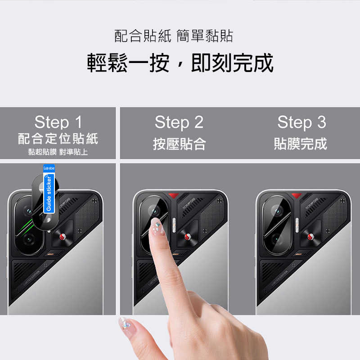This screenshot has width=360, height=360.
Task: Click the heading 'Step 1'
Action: pos(58,122)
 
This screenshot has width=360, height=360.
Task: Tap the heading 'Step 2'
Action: pos(179,122)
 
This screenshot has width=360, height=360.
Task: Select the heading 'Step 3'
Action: pos(301,122)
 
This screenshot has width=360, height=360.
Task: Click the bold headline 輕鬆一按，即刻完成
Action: pos(180,63)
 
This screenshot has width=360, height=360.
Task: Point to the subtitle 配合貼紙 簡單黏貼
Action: pos(174,36)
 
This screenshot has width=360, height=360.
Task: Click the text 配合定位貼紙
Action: pos(58,138)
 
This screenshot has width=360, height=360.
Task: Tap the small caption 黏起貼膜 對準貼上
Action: pos(58,152)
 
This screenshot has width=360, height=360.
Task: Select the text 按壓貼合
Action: pos(179,144)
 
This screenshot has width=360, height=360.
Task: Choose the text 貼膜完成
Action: pos(301,144)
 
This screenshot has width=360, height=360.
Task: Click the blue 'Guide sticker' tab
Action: pos(49,189)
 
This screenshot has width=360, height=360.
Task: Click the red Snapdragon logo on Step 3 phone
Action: pos(310,237)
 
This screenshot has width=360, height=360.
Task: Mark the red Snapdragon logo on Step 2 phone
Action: pos(186,237)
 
